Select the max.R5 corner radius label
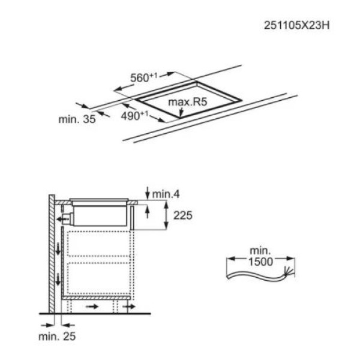pyautogui.click(x=187, y=103)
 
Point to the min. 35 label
pyautogui.click(x=77, y=119)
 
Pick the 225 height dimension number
pyautogui.click(x=183, y=215)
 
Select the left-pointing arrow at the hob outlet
pyautogui.click(x=62, y=220)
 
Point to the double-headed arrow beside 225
pyautogui.click(x=166, y=215)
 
